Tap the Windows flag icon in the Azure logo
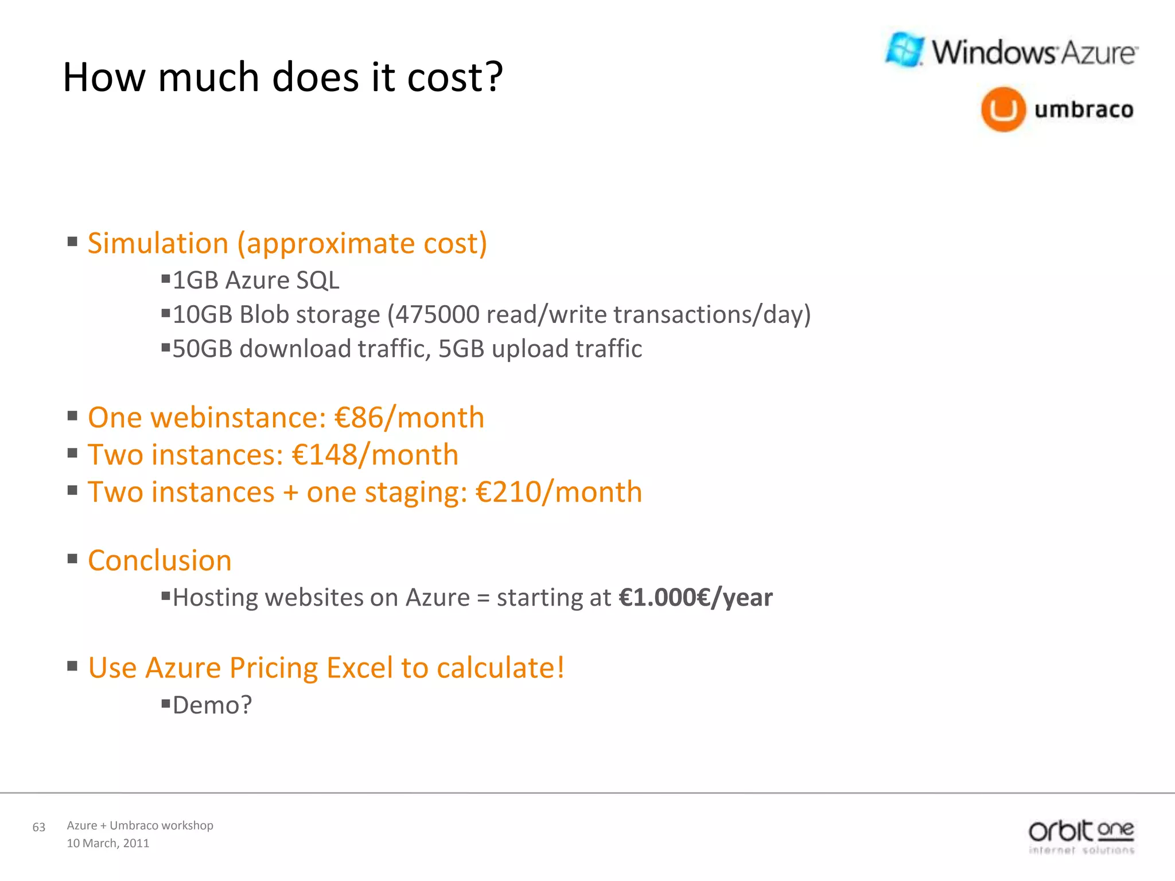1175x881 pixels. pos(905,50)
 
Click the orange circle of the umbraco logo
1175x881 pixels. pos(1003,110)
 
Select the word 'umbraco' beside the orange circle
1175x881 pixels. pos(1084,110)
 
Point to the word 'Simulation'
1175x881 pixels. pos(158,243)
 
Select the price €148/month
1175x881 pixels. pos(375,455)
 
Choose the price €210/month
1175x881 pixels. pos(559,492)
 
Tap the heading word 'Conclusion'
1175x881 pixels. pos(159,560)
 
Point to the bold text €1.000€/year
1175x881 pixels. pos(695,598)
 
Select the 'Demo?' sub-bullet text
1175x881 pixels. pos(212,705)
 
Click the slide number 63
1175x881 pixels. pos(39,827)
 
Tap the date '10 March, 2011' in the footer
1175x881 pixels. pos(108,843)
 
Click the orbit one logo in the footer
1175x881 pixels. pos(1081,837)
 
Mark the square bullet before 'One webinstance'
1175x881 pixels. pos(72,415)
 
